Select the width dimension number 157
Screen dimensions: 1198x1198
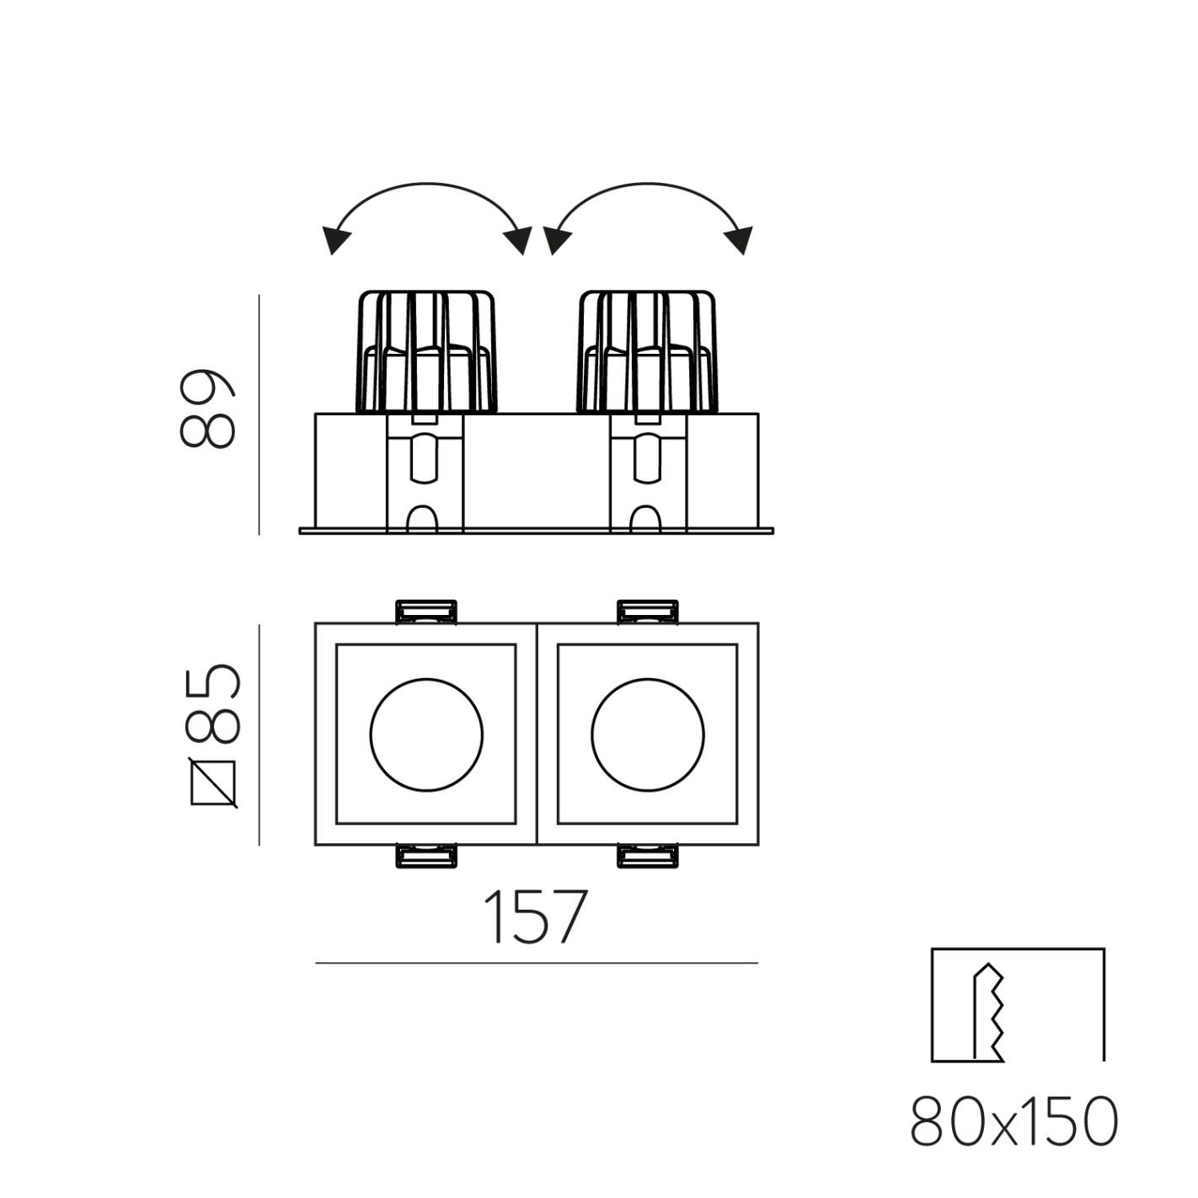coord(535,917)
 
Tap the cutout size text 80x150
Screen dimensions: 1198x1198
coord(1014,1122)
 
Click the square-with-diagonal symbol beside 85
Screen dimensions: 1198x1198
coord(215,783)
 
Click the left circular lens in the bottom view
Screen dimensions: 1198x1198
coord(426,734)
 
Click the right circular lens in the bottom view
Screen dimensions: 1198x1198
coord(647,734)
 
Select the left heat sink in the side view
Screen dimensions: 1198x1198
coord(426,352)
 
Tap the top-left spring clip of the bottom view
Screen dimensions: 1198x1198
coord(426,612)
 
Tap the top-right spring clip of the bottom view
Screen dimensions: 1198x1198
coord(647,612)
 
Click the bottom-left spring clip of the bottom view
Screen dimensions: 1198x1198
coord(426,856)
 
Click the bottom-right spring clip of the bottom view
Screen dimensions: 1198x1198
coord(647,856)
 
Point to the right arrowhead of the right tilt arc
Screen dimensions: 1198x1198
coord(741,241)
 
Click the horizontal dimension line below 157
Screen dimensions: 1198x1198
coord(536,962)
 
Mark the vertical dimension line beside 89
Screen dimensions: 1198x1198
coord(259,414)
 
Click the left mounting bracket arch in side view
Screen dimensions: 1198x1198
coord(424,518)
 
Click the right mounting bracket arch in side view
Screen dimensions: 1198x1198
coord(645,518)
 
